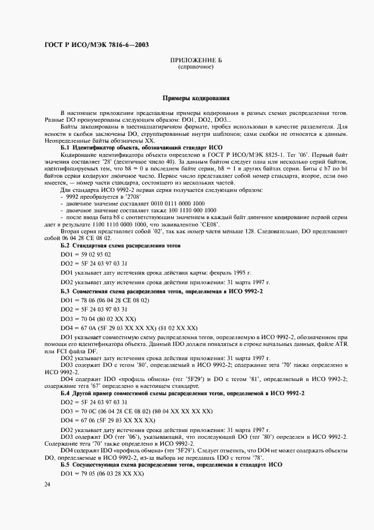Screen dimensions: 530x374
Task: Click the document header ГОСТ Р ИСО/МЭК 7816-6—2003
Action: coord(96,45)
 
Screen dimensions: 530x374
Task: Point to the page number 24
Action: coord(47,484)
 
